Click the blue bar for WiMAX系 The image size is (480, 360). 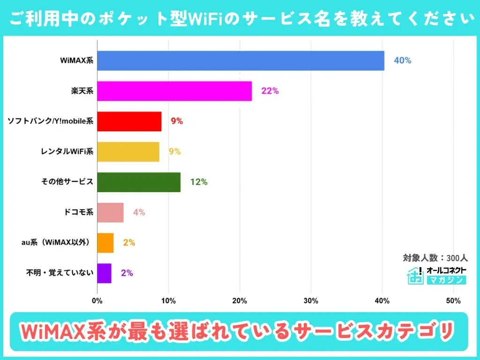point(240,61)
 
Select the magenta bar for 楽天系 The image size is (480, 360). point(174,91)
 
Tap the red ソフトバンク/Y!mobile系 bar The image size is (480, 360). point(129,121)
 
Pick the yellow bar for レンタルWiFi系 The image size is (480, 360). point(128,152)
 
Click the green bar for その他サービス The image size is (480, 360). point(139,182)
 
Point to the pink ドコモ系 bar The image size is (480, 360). point(111,212)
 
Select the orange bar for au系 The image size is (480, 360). point(105,243)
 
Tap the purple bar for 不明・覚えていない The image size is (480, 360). point(104,273)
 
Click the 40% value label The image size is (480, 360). point(402,61)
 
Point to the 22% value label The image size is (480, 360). point(270,91)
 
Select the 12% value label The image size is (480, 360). point(199,182)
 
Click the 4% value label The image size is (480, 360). point(139,212)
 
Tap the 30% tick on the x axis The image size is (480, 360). point(311,300)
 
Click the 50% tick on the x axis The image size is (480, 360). point(453,300)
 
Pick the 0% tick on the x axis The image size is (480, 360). point(97,300)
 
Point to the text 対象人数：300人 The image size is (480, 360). point(435,258)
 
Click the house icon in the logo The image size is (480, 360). point(415,276)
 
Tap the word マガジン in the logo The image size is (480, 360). point(446,280)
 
